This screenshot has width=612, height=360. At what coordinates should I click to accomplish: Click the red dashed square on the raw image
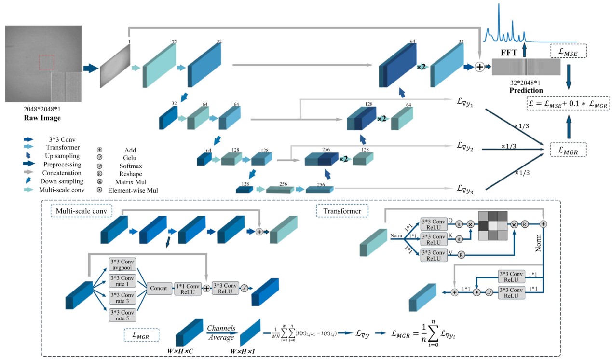pyautogui.click(x=46, y=62)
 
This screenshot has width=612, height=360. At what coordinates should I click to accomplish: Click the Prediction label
pyautogui.click(x=525, y=90)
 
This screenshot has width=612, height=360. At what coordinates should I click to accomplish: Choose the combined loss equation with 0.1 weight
pyautogui.click(x=568, y=103)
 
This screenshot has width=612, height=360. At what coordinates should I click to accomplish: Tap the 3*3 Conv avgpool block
pyautogui.click(x=122, y=263)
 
